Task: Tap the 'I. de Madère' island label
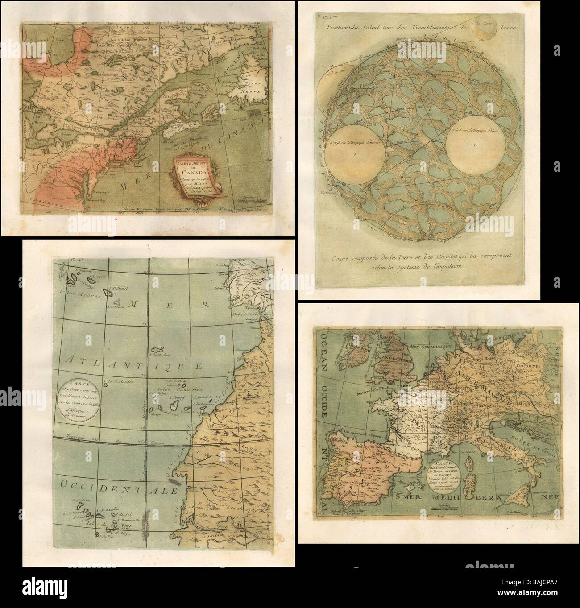click(x=159, y=354)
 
